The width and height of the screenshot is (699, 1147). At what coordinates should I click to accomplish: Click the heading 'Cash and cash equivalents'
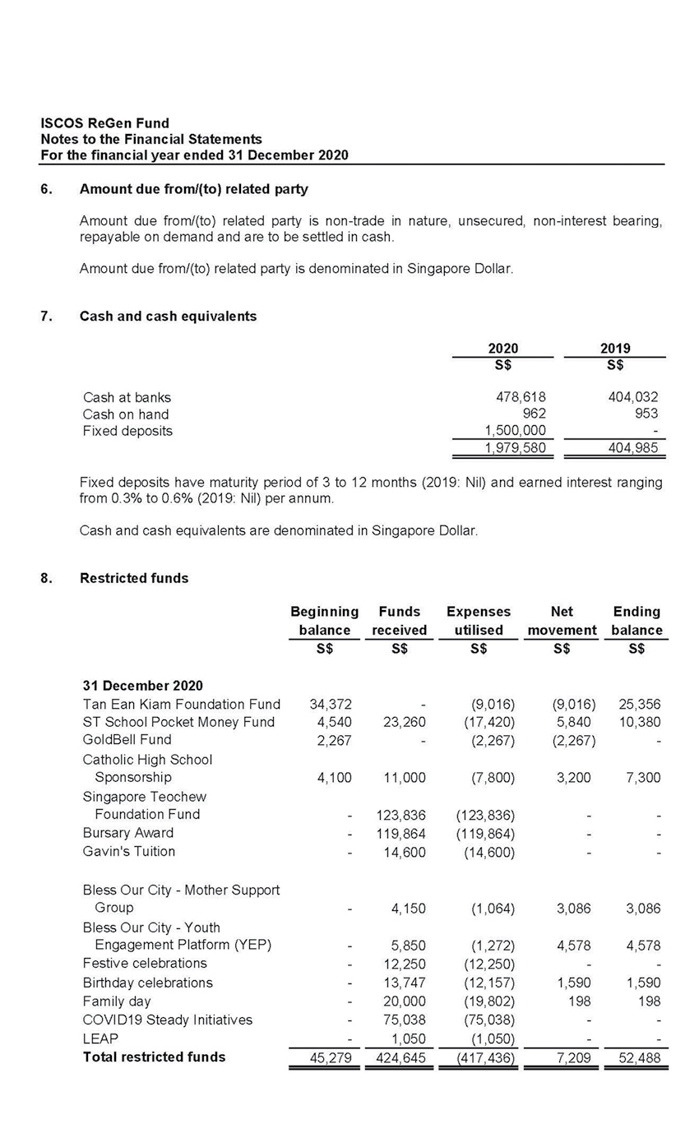tap(168, 316)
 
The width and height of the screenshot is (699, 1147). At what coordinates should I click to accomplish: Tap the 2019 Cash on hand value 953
tap(646, 414)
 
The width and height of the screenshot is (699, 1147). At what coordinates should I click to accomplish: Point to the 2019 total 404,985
tap(633, 448)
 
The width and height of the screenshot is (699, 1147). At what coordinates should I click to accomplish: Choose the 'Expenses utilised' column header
tap(478, 621)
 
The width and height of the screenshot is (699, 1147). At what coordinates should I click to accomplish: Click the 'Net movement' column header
tap(562, 621)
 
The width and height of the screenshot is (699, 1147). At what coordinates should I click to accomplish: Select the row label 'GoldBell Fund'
tap(127, 739)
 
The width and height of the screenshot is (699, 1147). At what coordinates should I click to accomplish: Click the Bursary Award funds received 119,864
tap(400, 833)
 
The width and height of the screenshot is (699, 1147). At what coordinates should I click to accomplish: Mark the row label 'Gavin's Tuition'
tap(128, 851)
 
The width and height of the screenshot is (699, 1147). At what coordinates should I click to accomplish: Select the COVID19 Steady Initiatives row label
tap(167, 1020)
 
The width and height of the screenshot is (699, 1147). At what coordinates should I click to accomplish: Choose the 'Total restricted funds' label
tap(154, 1057)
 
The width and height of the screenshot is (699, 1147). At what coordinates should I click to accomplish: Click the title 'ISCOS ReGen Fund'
tap(104, 123)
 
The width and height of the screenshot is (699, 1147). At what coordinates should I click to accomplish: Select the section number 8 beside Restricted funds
tap(46, 578)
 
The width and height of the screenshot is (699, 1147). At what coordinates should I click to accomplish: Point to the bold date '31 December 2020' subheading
tap(142, 686)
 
